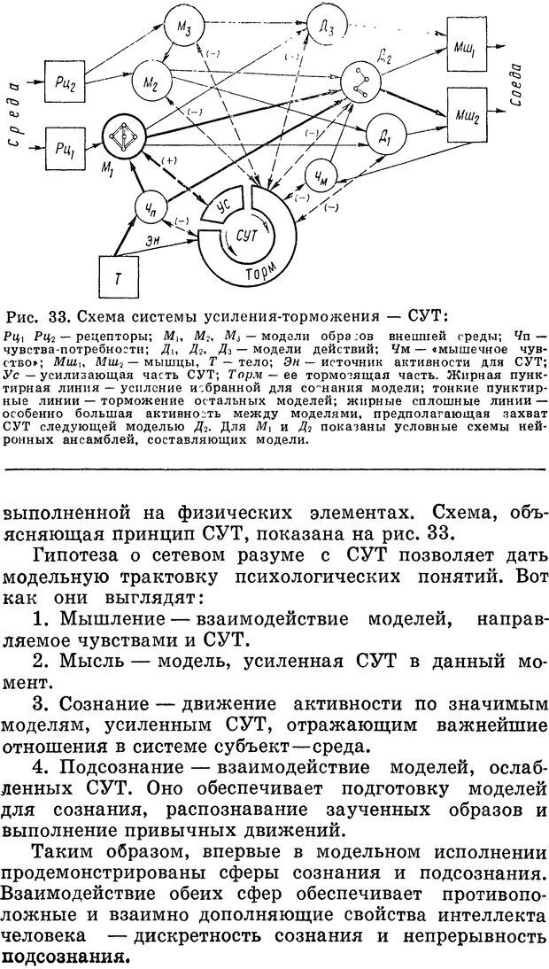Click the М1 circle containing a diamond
pyautogui.click(x=125, y=137)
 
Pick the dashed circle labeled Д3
pyautogui.click(x=327, y=29)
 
